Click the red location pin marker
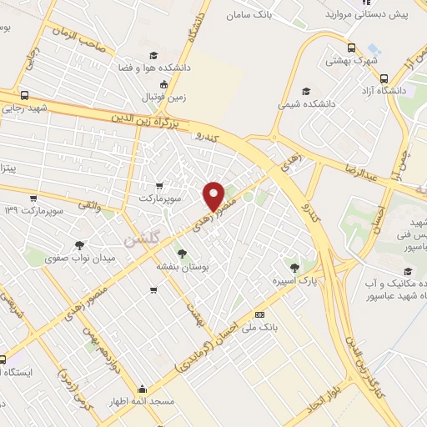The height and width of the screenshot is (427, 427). (x=213, y=195)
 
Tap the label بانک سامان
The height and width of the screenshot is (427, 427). (x=254, y=15)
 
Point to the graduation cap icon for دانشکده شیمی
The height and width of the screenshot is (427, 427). (x=306, y=91)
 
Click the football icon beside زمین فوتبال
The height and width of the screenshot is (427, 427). (x=163, y=84)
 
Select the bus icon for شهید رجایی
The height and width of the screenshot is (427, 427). (x=24, y=95)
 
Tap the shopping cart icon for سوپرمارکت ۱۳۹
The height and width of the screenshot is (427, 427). (x=33, y=198)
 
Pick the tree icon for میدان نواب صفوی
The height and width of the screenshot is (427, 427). (x=79, y=245)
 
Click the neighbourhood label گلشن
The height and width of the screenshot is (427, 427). (x=139, y=239)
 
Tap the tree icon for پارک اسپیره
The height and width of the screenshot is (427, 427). (x=294, y=268)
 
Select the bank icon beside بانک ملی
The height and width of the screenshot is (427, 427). (x=260, y=314)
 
